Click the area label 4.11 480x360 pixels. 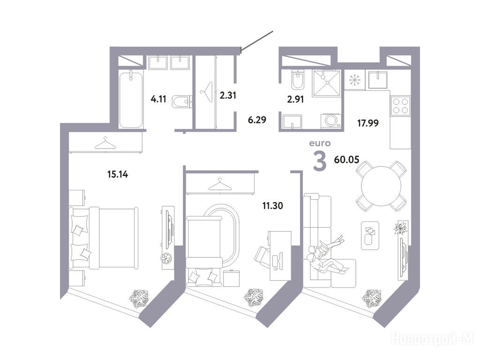pyautogui.click(x=158, y=99)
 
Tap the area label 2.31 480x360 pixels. pyautogui.click(x=228, y=95)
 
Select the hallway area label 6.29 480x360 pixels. pyautogui.click(x=257, y=120)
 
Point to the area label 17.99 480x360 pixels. pyautogui.click(x=368, y=123)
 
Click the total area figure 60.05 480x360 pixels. pyautogui.click(x=346, y=159)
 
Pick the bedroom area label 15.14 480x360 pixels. pyautogui.click(x=118, y=174)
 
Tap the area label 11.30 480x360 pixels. pyautogui.click(x=272, y=206)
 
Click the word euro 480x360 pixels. pyautogui.click(x=320, y=143)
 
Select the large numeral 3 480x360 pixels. pyautogui.click(x=320, y=161)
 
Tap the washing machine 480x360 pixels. pyautogui.click(x=331, y=120)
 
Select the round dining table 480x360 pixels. pyautogui.click(x=381, y=186)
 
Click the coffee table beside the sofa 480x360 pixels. pyautogui.click(x=370, y=235)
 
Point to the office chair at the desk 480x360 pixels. pyautogui.click(x=262, y=255)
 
